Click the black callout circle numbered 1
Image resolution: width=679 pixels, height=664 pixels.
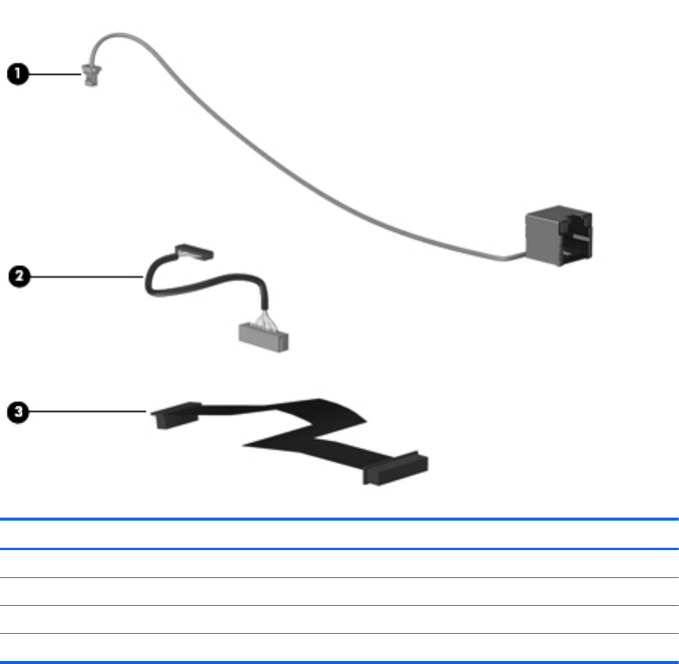18,74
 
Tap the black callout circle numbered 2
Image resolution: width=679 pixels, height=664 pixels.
18,276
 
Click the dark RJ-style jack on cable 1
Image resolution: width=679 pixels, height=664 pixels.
558,237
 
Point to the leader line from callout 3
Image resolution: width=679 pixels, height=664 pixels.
87,411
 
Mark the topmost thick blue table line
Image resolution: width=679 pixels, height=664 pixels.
339,519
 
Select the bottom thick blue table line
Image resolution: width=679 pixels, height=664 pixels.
339,642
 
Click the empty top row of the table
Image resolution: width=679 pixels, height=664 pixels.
339,534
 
